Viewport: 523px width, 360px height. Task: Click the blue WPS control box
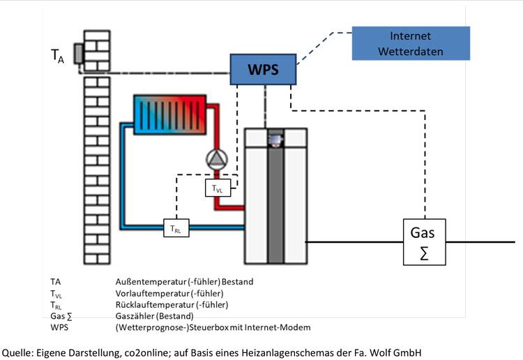pos(263,70)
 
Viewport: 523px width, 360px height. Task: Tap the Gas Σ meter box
pos(423,241)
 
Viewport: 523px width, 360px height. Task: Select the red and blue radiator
pos(171,115)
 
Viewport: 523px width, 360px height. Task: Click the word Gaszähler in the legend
pos(137,316)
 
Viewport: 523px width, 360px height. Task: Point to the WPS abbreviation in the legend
pos(60,327)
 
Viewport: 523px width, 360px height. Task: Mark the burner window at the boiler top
pos(276,140)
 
